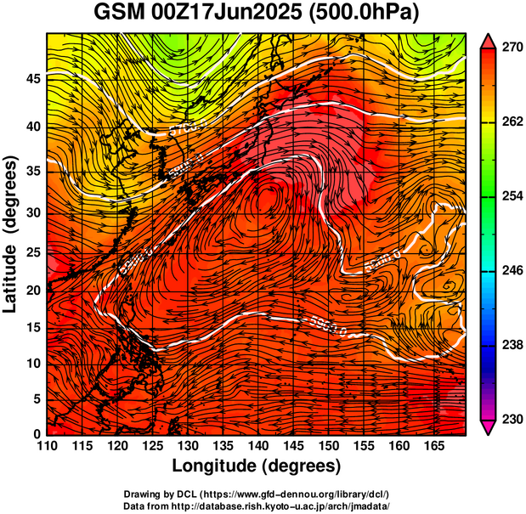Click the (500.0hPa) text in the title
click(368, 14)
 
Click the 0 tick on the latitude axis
click(37, 434)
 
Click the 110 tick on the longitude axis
click(48, 446)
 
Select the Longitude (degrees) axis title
click(257, 466)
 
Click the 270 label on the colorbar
click(510, 49)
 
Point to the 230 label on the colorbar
click(510, 419)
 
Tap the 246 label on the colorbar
click(510, 271)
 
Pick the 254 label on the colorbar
click(510, 197)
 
